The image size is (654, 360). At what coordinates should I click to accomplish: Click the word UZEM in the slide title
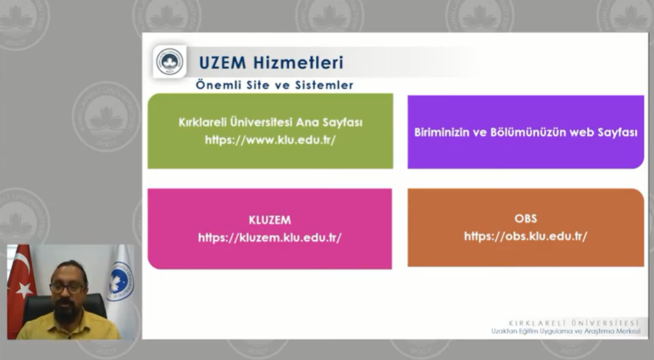[x=222, y=63]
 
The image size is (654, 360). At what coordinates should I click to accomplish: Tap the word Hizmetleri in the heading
[x=298, y=63]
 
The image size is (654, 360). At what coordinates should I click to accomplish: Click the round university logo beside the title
[x=170, y=62]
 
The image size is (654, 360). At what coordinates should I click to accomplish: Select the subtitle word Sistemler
[x=324, y=85]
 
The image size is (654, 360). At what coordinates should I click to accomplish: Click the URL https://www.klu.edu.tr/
[x=270, y=140]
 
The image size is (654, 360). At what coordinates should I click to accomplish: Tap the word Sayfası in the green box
[x=342, y=122]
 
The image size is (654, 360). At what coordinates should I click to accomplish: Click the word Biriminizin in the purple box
[x=441, y=132]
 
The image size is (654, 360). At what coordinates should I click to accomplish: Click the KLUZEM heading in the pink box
[x=270, y=220]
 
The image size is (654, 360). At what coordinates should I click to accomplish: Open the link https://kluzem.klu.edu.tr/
[x=270, y=238]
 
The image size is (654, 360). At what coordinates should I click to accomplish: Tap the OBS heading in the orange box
[x=525, y=219]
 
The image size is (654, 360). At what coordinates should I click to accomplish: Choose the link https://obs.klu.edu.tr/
[x=525, y=236]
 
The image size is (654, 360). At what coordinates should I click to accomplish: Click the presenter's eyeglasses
[x=67, y=288]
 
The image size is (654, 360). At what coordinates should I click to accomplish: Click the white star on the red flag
[x=25, y=290]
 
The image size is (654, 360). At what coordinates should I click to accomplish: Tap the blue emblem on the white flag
[x=120, y=281]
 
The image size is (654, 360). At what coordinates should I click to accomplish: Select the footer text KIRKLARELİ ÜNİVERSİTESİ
[x=574, y=323]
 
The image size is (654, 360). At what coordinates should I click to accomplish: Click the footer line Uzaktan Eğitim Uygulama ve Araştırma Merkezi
[x=566, y=332]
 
